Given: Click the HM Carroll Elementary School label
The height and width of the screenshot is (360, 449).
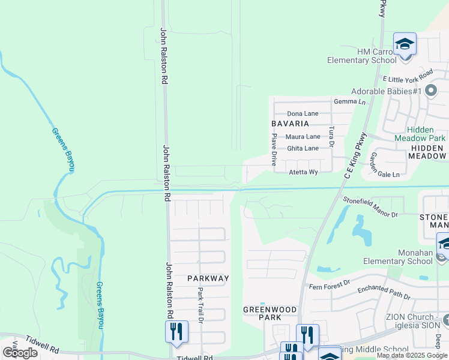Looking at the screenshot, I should pyautogui.click(x=361, y=56).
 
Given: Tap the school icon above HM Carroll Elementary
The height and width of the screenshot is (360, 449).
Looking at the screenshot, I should pyautogui.click(x=405, y=44).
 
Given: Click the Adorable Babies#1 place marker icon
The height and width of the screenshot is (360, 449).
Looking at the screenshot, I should pyautogui.click(x=430, y=91).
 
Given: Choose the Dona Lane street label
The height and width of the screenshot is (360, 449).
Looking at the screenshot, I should pyautogui.click(x=303, y=113).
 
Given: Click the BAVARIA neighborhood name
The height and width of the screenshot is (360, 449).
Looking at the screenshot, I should pyautogui.click(x=290, y=124).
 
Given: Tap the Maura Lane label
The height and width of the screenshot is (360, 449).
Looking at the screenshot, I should pyautogui.click(x=303, y=137).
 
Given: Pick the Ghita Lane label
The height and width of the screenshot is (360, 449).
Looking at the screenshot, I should pyautogui.click(x=303, y=148).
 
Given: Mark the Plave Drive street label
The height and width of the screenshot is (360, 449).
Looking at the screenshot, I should pyautogui.click(x=274, y=149).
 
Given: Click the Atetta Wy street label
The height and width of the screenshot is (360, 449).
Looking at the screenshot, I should pyautogui.click(x=303, y=172).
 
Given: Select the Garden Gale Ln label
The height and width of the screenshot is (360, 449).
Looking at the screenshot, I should pyautogui.click(x=384, y=165).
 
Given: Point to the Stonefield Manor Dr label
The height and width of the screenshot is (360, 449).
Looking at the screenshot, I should pyautogui.click(x=370, y=206).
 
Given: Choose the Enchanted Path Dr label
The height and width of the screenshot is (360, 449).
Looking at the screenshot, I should pyautogui.click(x=384, y=293).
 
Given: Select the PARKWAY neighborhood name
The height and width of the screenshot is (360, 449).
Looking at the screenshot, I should pyautogui.click(x=208, y=278).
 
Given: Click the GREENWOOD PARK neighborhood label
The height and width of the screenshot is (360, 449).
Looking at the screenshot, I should pyautogui.click(x=270, y=313).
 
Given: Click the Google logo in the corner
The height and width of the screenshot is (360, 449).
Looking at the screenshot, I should pyautogui.click(x=20, y=353).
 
